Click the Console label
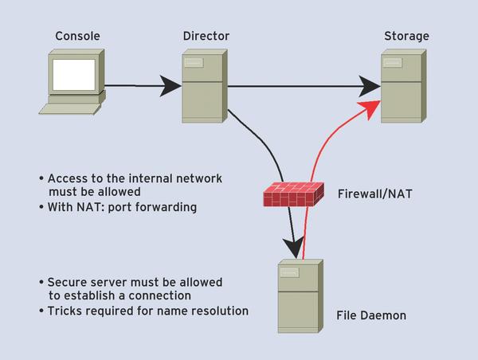tap(77, 36)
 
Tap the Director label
tap(206, 36)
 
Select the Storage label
tap(406, 37)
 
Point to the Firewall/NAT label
tap(374, 194)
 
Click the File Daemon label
tap(371, 315)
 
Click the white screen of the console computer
tap(74, 75)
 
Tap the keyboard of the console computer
tap(70, 109)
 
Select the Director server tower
tap(205, 86)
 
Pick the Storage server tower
tap(404, 86)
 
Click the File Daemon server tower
tap(300, 296)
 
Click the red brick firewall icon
tap(293, 194)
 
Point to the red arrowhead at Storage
tap(370, 109)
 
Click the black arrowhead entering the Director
tap(170, 86)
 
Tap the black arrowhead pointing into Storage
tap(370, 86)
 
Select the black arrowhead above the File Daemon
tap(293, 248)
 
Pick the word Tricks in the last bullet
tap(62, 311)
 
